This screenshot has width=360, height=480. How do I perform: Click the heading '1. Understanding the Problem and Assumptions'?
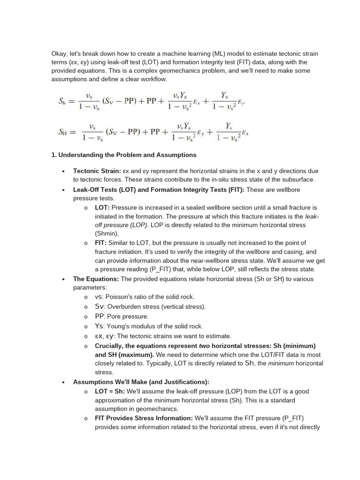[x=124, y=155]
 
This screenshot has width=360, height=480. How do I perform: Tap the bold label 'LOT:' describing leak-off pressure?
[x=102, y=207]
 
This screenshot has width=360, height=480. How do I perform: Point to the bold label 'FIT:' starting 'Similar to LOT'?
[x=101, y=243]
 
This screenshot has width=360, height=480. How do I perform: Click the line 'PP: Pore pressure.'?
[x=121, y=316]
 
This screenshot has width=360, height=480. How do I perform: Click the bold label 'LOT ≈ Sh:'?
[x=110, y=391]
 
